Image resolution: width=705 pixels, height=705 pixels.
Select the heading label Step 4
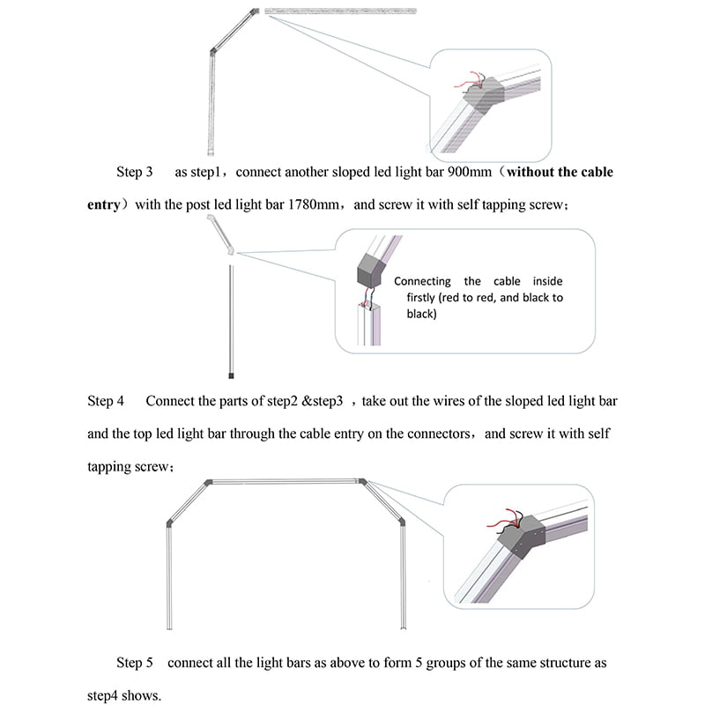[106, 401]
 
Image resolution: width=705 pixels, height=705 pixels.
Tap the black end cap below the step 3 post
[231, 374]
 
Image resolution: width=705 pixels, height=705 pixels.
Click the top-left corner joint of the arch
[208, 482]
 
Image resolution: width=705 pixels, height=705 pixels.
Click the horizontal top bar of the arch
[285, 481]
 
